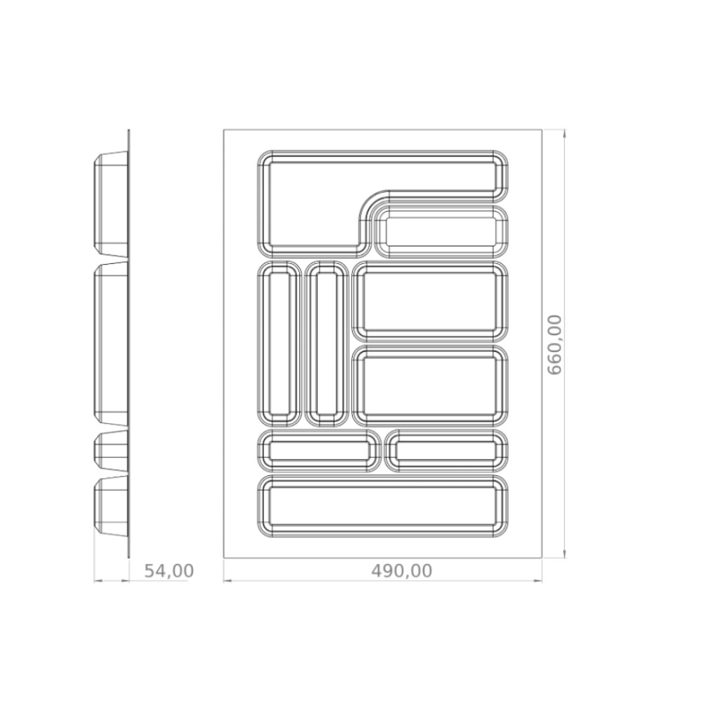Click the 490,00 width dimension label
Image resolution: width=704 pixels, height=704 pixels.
402,571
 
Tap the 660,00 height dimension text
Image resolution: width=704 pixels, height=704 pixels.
555,344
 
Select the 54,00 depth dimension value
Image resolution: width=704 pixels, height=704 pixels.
169,571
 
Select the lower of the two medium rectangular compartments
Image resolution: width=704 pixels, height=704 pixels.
430,386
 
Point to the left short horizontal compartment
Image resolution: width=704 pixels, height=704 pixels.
319,451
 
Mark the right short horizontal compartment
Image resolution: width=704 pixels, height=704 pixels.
446,451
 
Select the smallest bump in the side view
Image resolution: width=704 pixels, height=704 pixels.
111,451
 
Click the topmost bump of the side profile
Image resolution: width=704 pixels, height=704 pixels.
111,203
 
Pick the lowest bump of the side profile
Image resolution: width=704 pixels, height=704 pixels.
111,506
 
